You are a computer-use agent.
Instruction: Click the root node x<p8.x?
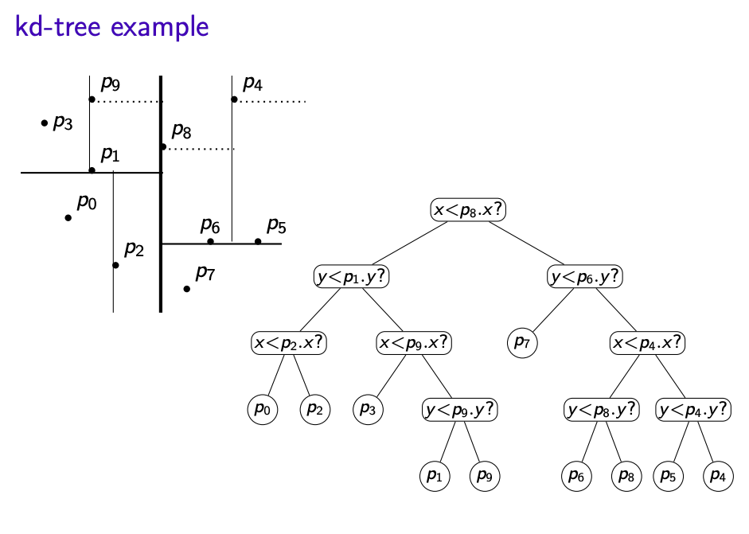pyautogui.click(x=469, y=210)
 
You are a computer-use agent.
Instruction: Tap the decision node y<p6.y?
pyautogui.click(x=585, y=277)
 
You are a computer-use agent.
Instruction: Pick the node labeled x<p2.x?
pyautogui.click(x=290, y=343)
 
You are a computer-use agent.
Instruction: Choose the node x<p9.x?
pyautogui.click(x=414, y=343)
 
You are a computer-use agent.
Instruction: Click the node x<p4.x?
pyautogui.click(x=647, y=343)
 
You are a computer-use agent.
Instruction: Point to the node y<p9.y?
pyautogui.click(x=460, y=410)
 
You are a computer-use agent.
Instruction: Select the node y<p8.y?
pyautogui.click(x=602, y=410)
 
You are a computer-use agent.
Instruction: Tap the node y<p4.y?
pyautogui.click(x=693, y=410)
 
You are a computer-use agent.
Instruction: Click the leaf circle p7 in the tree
pyautogui.click(x=521, y=343)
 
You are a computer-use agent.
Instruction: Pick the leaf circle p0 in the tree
pyautogui.click(x=263, y=410)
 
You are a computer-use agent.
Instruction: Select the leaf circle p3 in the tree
pyautogui.click(x=368, y=410)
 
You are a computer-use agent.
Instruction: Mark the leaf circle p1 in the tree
pyautogui.click(x=434, y=476)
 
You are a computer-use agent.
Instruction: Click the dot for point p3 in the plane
pyautogui.click(x=45, y=123)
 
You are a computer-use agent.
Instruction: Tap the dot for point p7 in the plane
pyautogui.click(x=187, y=288)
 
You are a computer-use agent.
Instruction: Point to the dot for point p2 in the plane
pyautogui.click(x=116, y=265)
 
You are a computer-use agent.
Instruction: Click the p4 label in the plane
pyautogui.click(x=253, y=83)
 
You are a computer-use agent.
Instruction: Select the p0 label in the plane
pyautogui.click(x=87, y=202)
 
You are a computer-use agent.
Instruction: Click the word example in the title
pyautogui.click(x=159, y=27)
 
